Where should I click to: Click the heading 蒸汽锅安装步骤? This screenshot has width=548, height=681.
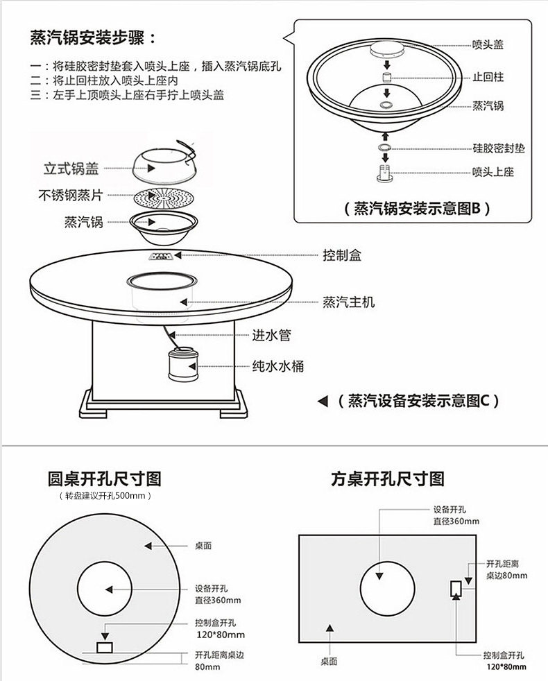tap(87, 37)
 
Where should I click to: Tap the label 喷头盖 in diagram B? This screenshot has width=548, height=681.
tap(488, 44)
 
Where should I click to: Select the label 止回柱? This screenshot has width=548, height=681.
tap(488, 77)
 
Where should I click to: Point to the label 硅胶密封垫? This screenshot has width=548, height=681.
tap(499, 148)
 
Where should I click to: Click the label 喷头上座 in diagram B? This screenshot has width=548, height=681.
tap(493, 172)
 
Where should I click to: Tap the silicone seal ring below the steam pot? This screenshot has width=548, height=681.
tap(385, 147)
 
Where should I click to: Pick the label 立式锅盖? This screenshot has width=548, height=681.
tap(71, 169)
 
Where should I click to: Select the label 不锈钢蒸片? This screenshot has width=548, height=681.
tap(70, 195)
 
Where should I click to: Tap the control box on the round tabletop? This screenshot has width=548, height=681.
tap(161, 256)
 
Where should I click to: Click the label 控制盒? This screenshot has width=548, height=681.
tap(342, 255)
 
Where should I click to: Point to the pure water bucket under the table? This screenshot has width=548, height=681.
tap(183, 364)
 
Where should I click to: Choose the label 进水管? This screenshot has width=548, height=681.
tap(272, 335)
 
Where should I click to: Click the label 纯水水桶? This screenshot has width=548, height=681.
tap(278, 366)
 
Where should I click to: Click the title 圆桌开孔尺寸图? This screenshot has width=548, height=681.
tap(105, 479)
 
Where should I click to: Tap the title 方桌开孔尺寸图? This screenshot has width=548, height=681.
tap(388, 479)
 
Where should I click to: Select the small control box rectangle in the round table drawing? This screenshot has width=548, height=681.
tap(105, 648)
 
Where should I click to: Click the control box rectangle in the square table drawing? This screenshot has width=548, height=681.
tap(456, 589)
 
